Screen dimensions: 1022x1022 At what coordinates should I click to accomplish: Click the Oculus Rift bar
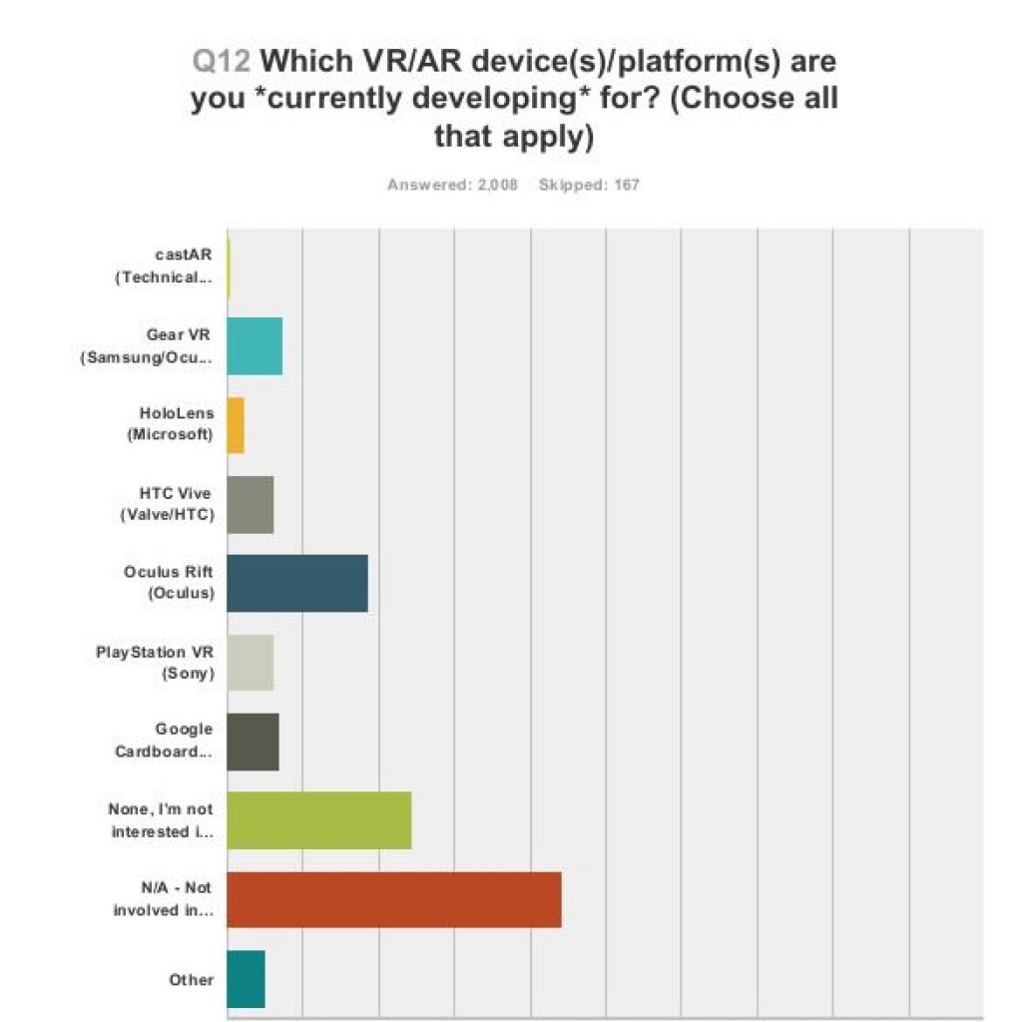[x=297, y=583]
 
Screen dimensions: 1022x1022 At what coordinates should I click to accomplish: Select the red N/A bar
[x=394, y=899]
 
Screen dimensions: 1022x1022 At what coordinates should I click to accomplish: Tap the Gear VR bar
[x=255, y=345]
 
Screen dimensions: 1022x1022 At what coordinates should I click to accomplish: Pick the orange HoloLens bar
[x=236, y=425]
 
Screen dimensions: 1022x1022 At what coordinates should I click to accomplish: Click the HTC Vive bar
[x=251, y=504]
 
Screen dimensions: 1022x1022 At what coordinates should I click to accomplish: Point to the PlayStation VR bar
[x=251, y=662]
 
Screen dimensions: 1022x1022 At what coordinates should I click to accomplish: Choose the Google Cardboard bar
[x=253, y=742]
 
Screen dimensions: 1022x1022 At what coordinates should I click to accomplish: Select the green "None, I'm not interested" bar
[x=319, y=820]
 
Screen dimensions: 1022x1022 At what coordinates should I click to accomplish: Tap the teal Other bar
[x=247, y=979]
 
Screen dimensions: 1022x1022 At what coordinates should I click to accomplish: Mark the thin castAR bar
[x=229, y=267]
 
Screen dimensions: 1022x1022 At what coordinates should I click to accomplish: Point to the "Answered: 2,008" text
[x=452, y=185]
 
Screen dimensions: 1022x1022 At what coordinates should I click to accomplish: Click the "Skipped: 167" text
[x=589, y=185]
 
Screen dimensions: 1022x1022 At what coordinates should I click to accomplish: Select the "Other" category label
[x=192, y=979]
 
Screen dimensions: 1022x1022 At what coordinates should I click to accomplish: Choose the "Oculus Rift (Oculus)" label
[x=169, y=583]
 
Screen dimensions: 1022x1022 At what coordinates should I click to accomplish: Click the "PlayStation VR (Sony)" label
[x=155, y=662]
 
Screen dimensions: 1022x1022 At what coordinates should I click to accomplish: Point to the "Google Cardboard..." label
[x=164, y=742]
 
